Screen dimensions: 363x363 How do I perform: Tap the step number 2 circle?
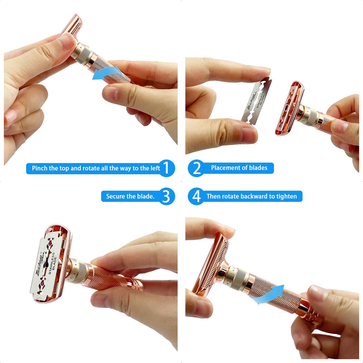tap(196, 168)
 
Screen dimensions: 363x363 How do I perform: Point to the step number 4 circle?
tap(196, 196)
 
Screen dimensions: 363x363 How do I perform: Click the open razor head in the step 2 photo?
tap(290, 108)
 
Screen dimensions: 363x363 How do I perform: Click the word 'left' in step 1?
tap(155, 168)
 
